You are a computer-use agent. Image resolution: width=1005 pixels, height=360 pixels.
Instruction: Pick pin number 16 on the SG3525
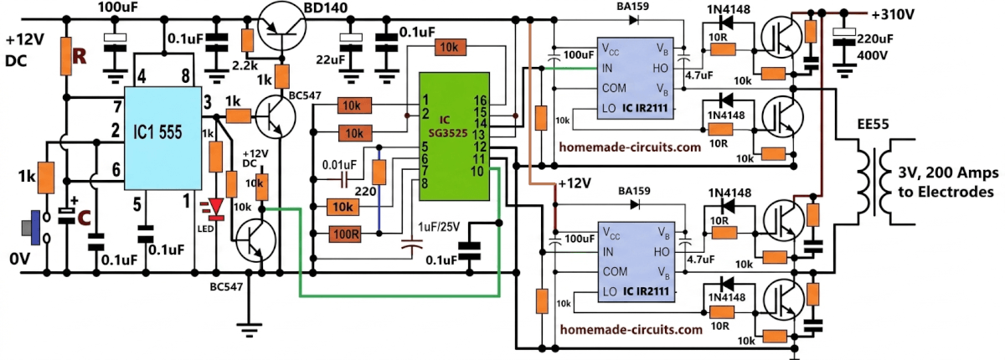tap(481, 100)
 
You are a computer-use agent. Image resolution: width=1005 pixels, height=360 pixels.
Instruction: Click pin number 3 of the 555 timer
tap(207, 103)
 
